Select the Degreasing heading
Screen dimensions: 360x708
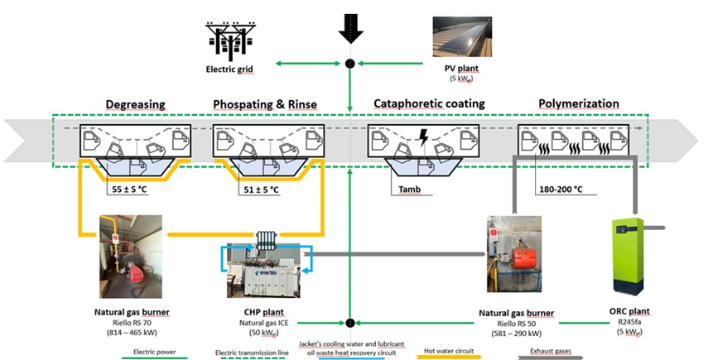point(135,104)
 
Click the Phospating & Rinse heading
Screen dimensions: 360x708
point(265,104)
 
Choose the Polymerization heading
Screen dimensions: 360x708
point(579,104)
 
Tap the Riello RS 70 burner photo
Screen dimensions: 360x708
point(129,257)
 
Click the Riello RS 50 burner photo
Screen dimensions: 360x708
point(513,256)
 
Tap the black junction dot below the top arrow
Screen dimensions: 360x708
point(350,64)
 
